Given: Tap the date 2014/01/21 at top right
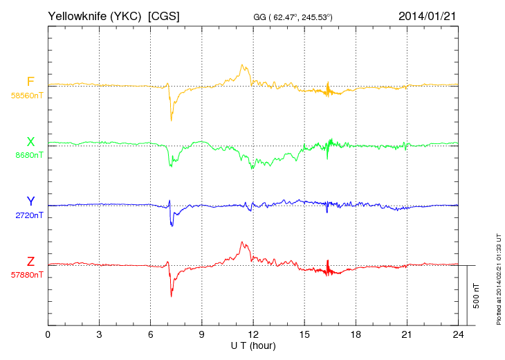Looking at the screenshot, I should (x=428, y=15).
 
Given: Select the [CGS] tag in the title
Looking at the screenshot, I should (x=164, y=15).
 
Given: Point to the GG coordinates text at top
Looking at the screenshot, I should (x=293, y=17).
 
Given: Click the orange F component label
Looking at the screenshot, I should (x=30, y=82).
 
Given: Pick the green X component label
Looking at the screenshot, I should (x=30, y=142).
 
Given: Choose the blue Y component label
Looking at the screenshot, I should (x=30, y=201).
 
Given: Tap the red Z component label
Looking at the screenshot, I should (x=30, y=261).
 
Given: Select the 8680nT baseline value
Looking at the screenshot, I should (x=28, y=155).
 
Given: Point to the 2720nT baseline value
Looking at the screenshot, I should (x=28, y=215).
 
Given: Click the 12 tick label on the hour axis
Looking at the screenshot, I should (x=253, y=335).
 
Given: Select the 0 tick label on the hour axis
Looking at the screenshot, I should (x=48, y=335).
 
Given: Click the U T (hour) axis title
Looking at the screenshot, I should (x=252, y=345).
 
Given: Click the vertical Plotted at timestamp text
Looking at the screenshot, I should (x=498, y=277).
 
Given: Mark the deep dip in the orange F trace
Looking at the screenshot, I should (x=171, y=119).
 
